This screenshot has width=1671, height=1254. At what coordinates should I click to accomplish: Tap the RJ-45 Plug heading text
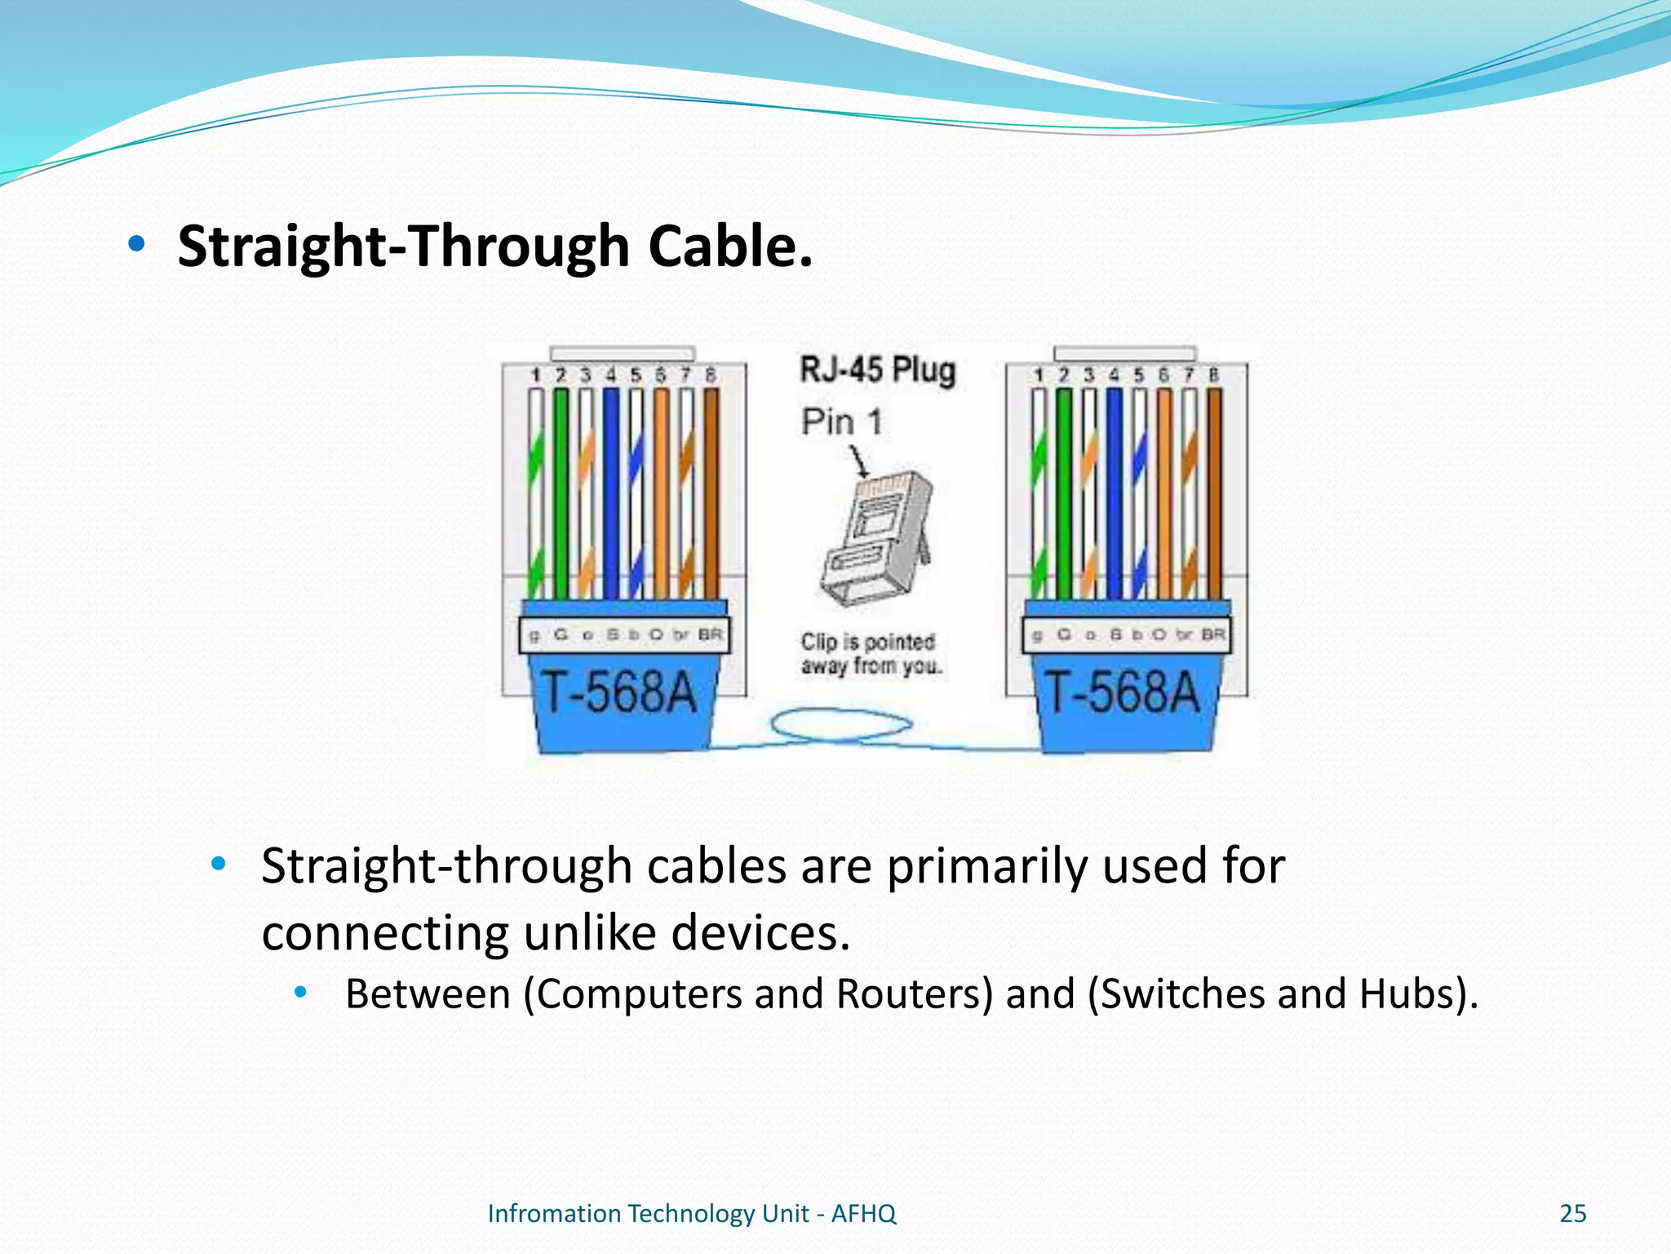(x=877, y=370)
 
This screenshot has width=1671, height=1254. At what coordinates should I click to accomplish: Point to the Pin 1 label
(x=841, y=422)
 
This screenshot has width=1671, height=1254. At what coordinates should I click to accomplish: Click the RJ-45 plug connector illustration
(x=878, y=539)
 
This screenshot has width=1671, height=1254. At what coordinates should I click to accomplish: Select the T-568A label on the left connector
(x=620, y=693)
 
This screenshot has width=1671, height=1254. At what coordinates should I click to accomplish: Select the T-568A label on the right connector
(x=1123, y=693)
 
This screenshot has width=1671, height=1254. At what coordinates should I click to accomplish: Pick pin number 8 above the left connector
(x=711, y=376)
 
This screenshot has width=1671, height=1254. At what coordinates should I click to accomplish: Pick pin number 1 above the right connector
(x=1039, y=376)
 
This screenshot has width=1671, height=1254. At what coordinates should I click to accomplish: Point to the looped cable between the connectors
(x=840, y=724)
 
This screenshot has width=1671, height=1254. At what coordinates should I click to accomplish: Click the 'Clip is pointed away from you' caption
(x=869, y=654)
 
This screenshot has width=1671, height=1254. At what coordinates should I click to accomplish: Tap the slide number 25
(x=1572, y=1213)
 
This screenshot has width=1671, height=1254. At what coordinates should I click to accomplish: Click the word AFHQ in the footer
(x=863, y=1213)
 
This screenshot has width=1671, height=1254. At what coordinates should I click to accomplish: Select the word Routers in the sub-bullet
(x=915, y=994)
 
